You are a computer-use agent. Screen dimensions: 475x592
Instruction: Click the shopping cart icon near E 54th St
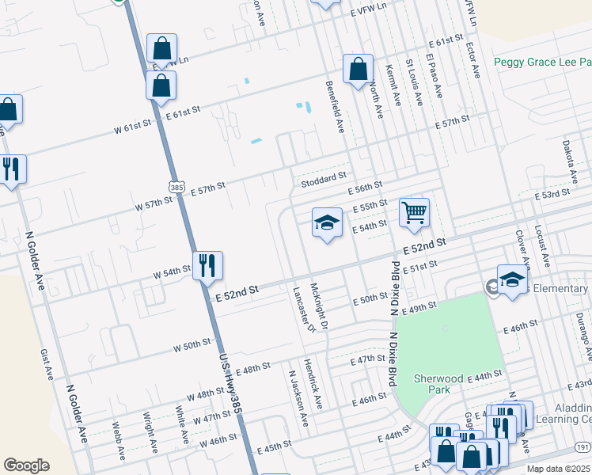[415, 213]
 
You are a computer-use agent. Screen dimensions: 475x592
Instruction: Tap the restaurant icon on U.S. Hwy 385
[207, 267]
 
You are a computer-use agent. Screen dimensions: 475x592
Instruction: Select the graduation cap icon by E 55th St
[326, 224]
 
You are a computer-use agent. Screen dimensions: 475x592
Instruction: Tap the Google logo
[26, 465]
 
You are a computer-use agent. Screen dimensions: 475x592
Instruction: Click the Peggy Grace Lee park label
[542, 62]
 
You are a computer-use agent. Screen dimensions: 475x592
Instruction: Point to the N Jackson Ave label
[298, 399]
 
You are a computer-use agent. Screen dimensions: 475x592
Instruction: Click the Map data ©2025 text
[559, 469]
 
